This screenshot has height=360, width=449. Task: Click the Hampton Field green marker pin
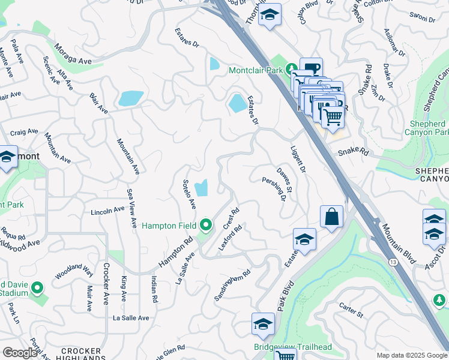point(206,226)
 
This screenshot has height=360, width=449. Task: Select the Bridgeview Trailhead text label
point(292,347)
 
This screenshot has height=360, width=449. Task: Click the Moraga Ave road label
point(73,53)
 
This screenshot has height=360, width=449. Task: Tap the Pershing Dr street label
point(273,189)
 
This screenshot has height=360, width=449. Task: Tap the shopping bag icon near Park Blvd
point(332,217)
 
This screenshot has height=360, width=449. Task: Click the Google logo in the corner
point(19,353)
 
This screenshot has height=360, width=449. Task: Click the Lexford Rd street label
point(234,238)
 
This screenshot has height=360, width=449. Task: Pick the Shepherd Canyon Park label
point(429,128)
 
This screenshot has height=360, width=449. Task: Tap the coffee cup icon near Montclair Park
point(311,68)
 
